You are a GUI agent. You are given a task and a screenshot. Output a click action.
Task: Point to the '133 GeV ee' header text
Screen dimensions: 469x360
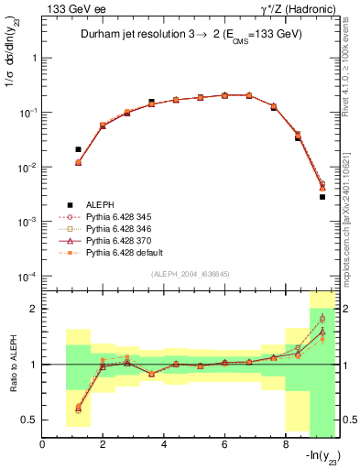[69, 8]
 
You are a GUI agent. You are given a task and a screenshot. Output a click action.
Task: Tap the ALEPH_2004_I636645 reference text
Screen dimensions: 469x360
[190, 274]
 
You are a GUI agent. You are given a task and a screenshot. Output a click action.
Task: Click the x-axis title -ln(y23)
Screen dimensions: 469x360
[316, 459]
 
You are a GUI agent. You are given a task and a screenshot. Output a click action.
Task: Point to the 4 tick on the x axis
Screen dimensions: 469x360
[164, 444]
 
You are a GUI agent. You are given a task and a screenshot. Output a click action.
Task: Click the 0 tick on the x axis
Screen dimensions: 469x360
[43, 444]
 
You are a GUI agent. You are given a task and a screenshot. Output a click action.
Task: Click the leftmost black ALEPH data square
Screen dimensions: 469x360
[78, 149]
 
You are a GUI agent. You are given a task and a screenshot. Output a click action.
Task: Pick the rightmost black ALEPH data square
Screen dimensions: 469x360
[322, 197]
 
